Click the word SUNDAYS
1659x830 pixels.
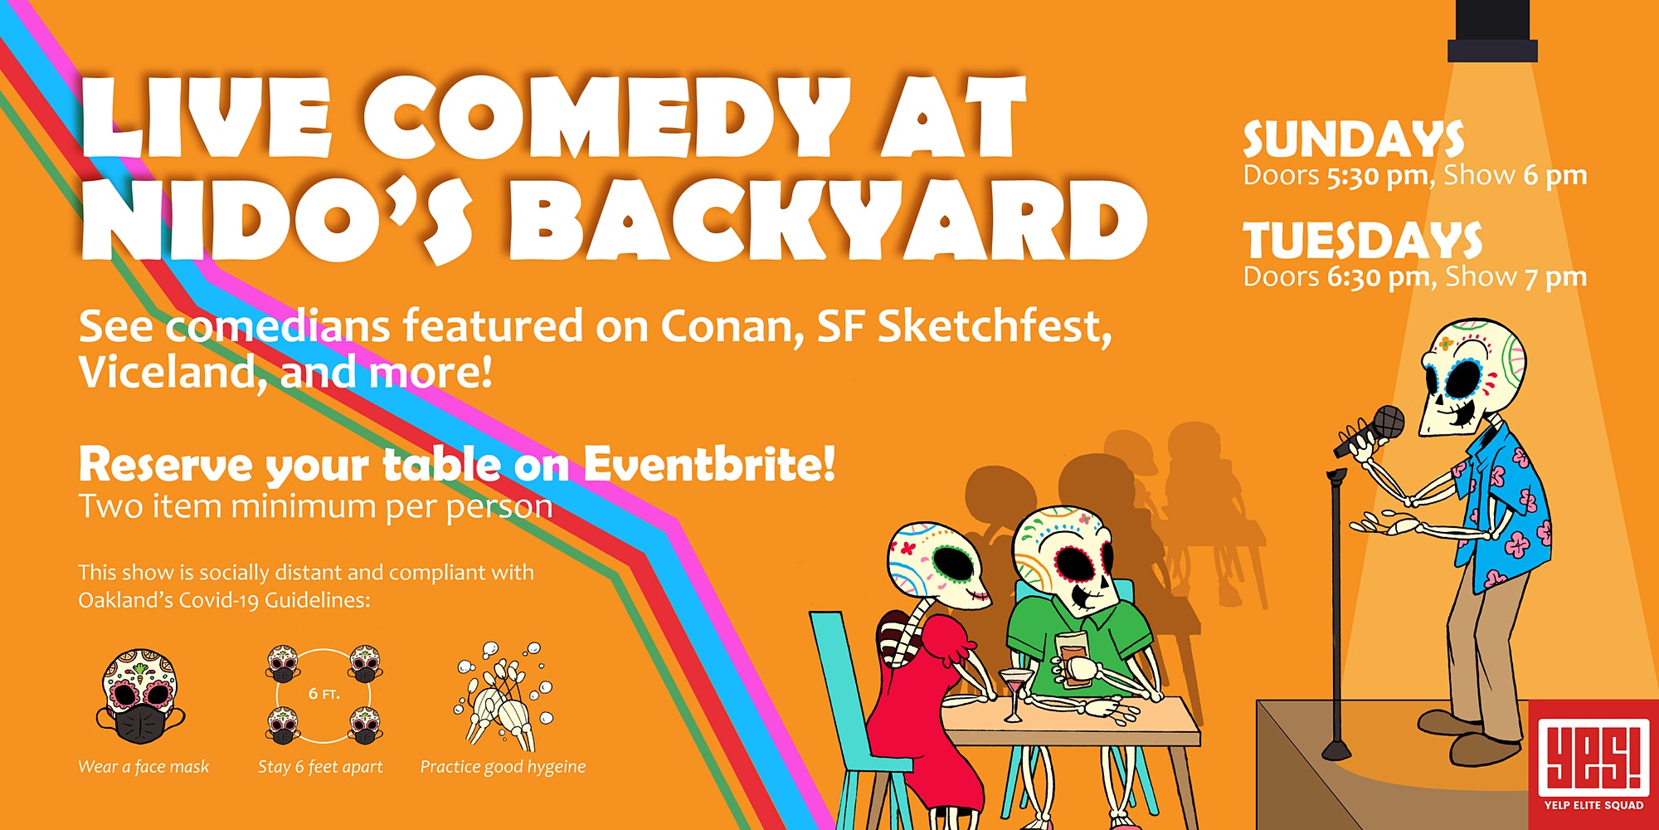click(x=1353, y=139)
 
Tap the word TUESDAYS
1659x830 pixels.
click(x=1363, y=241)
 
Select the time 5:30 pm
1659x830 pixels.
click(x=1377, y=176)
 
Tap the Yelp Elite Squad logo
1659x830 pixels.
click(x=1593, y=764)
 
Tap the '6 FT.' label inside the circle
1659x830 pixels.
click(x=324, y=694)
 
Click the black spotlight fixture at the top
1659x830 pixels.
click(x=1492, y=31)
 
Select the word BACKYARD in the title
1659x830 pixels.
click(x=828, y=219)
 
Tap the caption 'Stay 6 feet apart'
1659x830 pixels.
click(x=320, y=767)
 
